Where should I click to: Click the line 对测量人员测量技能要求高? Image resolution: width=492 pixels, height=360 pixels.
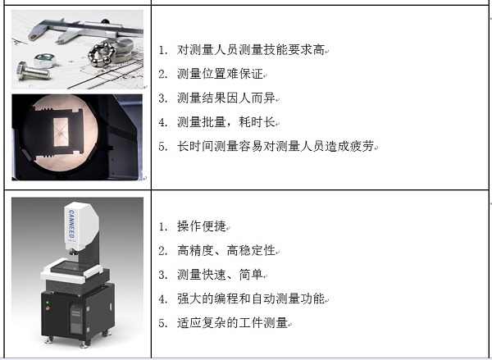click(251, 50)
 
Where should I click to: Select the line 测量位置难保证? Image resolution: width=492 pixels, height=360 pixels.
click(220, 74)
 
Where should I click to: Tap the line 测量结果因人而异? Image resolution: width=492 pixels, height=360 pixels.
click(226, 98)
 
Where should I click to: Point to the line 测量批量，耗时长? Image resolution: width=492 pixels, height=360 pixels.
click(226, 122)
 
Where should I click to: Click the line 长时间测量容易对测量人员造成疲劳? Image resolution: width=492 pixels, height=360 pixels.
click(276, 146)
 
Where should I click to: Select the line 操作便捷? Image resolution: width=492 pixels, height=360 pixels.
click(202, 226)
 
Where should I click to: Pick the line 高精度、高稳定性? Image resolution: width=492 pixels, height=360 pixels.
click(226, 250)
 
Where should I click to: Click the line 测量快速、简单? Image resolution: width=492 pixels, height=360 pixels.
click(220, 275)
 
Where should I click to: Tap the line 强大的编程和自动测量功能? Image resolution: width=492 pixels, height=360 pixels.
click(251, 298)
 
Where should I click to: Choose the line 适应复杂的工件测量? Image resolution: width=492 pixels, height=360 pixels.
click(233, 322)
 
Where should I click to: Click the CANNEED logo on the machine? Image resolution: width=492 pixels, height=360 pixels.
click(71, 224)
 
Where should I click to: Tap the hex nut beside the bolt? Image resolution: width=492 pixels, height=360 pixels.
click(45, 60)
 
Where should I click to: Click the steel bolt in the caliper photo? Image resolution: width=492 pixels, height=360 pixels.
click(34, 72)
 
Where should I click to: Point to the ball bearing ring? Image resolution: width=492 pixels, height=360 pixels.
click(100, 54)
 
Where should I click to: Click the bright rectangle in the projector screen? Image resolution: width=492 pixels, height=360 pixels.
click(61, 132)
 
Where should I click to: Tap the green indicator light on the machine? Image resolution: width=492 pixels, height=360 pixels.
click(48, 303)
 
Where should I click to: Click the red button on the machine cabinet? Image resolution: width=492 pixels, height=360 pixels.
click(48, 308)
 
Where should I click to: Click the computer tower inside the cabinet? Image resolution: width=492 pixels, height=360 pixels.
click(76, 318)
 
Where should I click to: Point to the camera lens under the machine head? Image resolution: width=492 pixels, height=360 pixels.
click(73, 252)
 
